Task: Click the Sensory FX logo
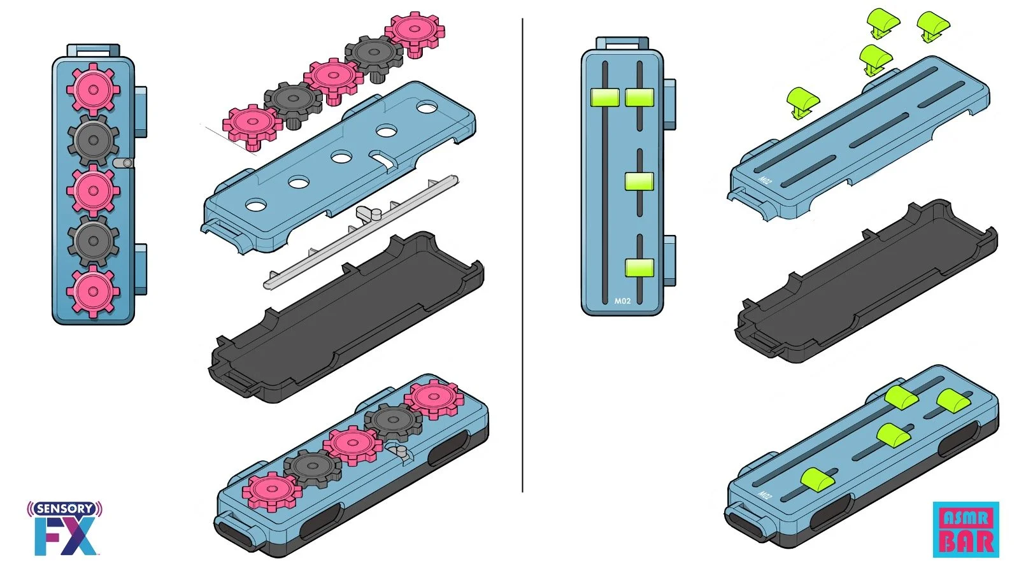click(64, 528)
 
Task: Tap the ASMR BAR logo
click(966, 529)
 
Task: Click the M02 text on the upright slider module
click(622, 301)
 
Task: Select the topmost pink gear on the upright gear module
click(93, 89)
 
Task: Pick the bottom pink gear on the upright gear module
click(93, 291)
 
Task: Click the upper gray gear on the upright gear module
click(93, 140)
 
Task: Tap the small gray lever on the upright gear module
click(124, 163)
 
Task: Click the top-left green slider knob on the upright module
click(604, 97)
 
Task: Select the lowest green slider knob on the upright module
click(639, 267)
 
